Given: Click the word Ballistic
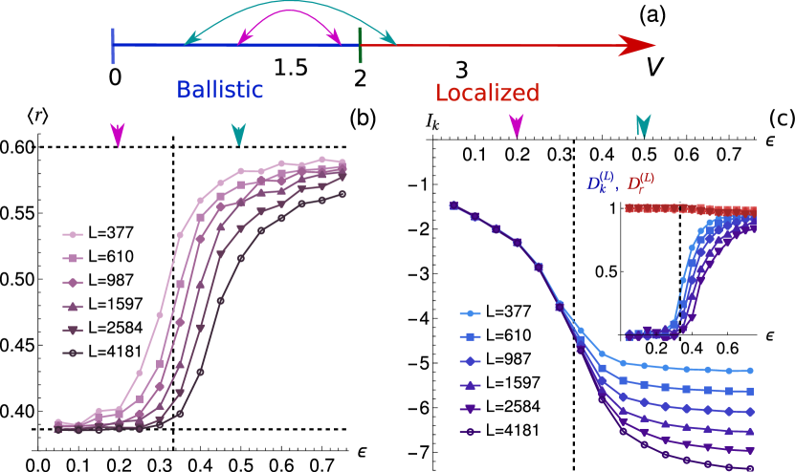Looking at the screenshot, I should [x=219, y=90].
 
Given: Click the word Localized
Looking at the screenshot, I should [x=487, y=93].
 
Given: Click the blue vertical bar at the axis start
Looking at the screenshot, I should [x=113, y=46].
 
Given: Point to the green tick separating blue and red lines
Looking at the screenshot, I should [x=360, y=46].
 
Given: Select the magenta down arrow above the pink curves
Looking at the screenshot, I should [x=117, y=135].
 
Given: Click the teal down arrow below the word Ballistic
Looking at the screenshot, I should [x=238, y=135].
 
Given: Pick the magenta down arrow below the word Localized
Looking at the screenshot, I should [x=517, y=125].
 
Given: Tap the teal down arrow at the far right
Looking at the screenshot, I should [x=644, y=125].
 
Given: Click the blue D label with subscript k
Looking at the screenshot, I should [x=602, y=182].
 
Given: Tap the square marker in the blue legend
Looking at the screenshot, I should [x=470, y=336].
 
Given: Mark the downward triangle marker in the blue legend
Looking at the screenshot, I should [x=470, y=408].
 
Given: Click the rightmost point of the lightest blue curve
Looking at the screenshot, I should [x=750, y=370].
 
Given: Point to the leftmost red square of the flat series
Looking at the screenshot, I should [x=629, y=207].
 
